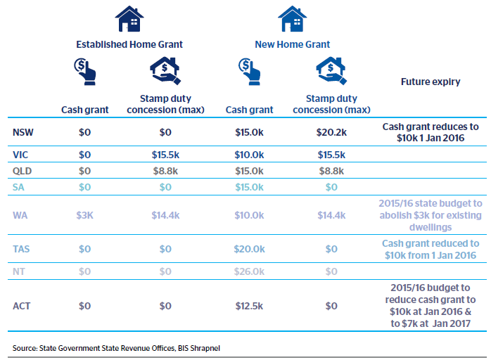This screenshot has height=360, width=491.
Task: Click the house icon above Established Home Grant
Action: (x=129, y=19)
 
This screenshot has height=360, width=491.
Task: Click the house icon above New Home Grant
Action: (x=292, y=19)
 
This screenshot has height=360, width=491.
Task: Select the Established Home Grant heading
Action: (x=129, y=44)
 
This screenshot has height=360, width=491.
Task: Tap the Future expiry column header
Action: (x=431, y=82)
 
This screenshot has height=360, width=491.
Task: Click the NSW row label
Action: (x=23, y=131)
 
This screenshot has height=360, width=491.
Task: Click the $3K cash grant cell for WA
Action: (x=85, y=215)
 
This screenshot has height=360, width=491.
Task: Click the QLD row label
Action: (x=23, y=170)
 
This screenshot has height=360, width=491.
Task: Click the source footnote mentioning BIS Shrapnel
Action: (x=110, y=348)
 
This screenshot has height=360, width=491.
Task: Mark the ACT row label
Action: (x=23, y=306)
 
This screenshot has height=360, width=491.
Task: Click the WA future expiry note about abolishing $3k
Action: (x=431, y=215)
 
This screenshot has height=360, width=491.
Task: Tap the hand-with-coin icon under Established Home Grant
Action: (x=85, y=70)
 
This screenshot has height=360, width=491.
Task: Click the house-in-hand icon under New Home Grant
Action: (x=330, y=70)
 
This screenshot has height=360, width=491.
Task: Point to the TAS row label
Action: (x=23, y=249)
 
